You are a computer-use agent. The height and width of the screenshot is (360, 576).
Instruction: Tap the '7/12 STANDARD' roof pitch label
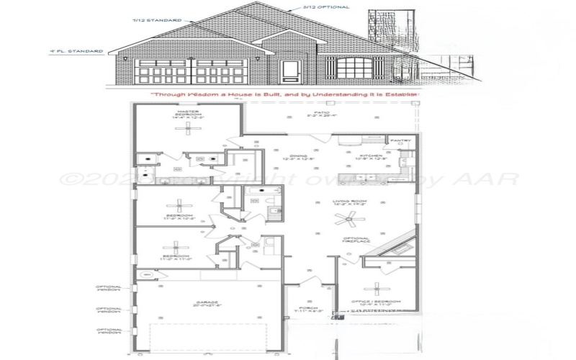pyautogui.click(x=156, y=20)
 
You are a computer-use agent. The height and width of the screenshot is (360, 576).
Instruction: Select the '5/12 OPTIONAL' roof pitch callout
pyautogui.click(x=325, y=7)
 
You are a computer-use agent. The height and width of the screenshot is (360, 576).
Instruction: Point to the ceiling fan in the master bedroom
pyautogui.click(x=191, y=128)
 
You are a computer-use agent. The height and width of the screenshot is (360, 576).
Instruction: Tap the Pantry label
pyautogui.click(x=400, y=140)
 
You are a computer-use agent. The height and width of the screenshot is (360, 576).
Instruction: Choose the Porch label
pyautogui.click(x=309, y=310)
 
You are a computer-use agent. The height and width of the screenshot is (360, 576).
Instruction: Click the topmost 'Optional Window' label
pyautogui.click(x=109, y=288)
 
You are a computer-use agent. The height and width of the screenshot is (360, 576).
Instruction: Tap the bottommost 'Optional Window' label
pyautogui.click(x=109, y=331)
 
